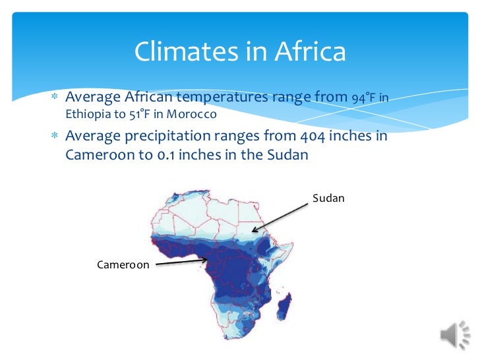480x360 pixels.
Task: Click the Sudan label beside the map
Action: pyautogui.click(x=328, y=198)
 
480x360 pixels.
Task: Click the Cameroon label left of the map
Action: pyautogui.click(x=123, y=264)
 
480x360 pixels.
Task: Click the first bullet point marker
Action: pyautogui.click(x=56, y=98)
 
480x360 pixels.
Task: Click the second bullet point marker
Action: pyautogui.click(x=56, y=137)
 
